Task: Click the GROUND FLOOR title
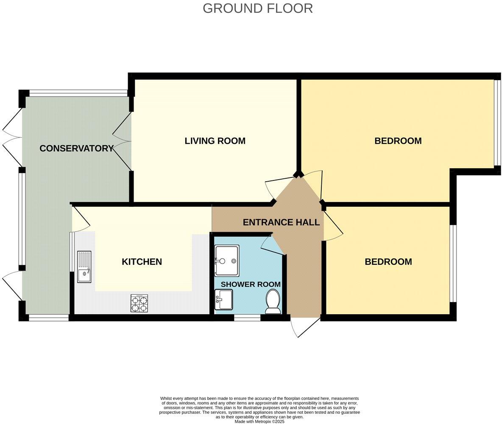258,8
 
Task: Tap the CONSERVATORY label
76,148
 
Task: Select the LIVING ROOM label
215,141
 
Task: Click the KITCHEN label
142,262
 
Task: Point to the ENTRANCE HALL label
281,222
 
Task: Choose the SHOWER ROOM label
251,284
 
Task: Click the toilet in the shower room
273,302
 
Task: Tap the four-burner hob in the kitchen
139,303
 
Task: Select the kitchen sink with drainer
84,267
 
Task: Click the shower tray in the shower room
227,260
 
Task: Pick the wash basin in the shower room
223,299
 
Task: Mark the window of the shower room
247,318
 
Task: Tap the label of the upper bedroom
398,141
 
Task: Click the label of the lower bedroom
388,262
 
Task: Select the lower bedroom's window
453,263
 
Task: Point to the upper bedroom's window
497,123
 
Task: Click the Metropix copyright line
259,422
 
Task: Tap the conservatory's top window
78,93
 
